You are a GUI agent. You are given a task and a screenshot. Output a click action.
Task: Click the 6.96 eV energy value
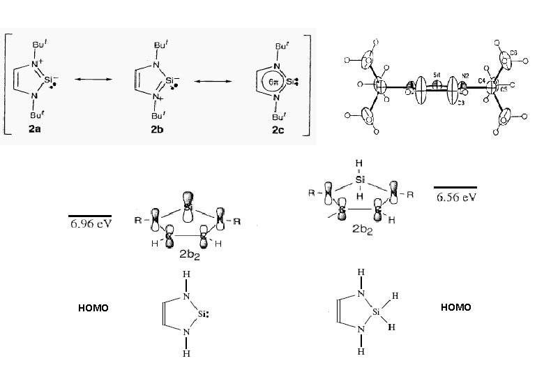pyautogui.click(x=90, y=225)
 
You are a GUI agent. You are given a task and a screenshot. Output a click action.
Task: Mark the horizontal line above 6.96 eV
pyautogui.click(x=90, y=216)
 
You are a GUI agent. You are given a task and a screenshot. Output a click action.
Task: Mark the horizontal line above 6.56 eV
pyautogui.click(x=455, y=188)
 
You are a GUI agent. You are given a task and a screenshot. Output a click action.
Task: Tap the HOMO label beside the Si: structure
pyautogui.click(x=93, y=308)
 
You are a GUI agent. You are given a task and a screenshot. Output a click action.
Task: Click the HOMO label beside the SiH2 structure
pyautogui.click(x=456, y=307)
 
